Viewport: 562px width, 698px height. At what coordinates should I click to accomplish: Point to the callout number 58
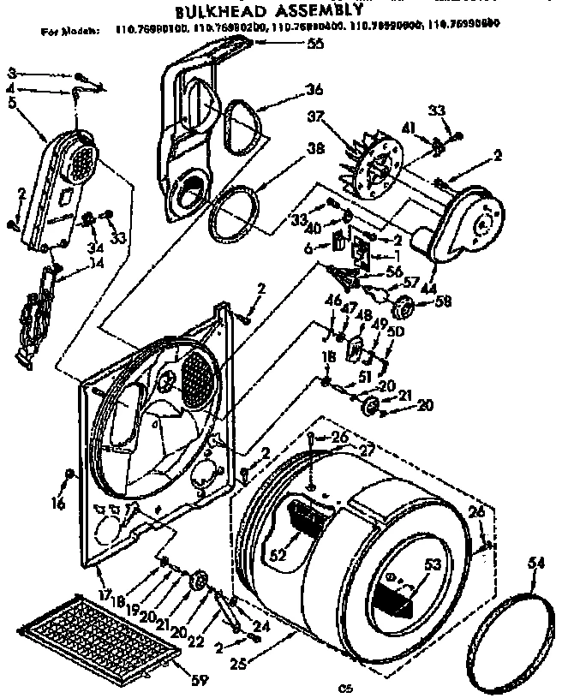coord(444,302)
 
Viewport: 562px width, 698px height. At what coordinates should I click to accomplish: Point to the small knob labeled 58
coord(404,305)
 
